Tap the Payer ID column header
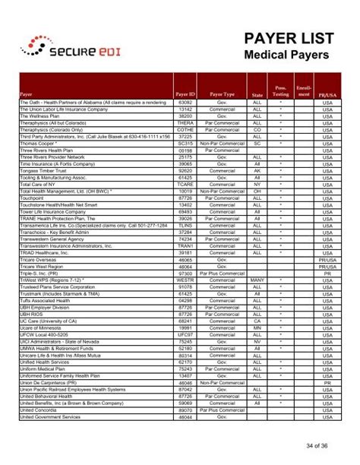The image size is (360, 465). coord(185,94)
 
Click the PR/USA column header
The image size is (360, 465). coord(327,94)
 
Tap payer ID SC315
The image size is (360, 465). coord(185,143)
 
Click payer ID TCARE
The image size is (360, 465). coord(185,185)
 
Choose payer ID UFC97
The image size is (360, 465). coord(185,334)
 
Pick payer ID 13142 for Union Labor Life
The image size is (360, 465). coord(185,108)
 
